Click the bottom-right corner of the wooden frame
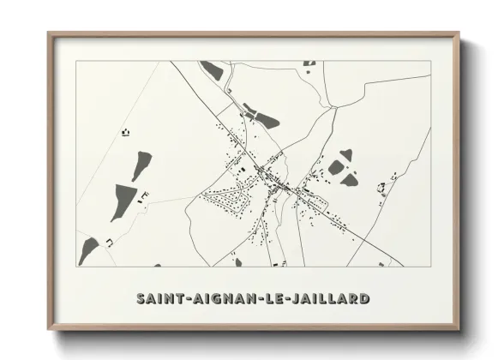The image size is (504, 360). (x=460, y=328)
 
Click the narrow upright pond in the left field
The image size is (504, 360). (x=141, y=165)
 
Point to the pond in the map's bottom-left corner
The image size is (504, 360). (x=89, y=250)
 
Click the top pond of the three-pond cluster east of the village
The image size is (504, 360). (x=345, y=155)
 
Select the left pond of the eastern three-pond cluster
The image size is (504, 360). (x=335, y=169)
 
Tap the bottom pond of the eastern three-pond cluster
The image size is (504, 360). (x=350, y=180)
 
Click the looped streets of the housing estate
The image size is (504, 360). (x=225, y=201)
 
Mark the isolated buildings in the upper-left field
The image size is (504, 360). (x=127, y=132)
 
